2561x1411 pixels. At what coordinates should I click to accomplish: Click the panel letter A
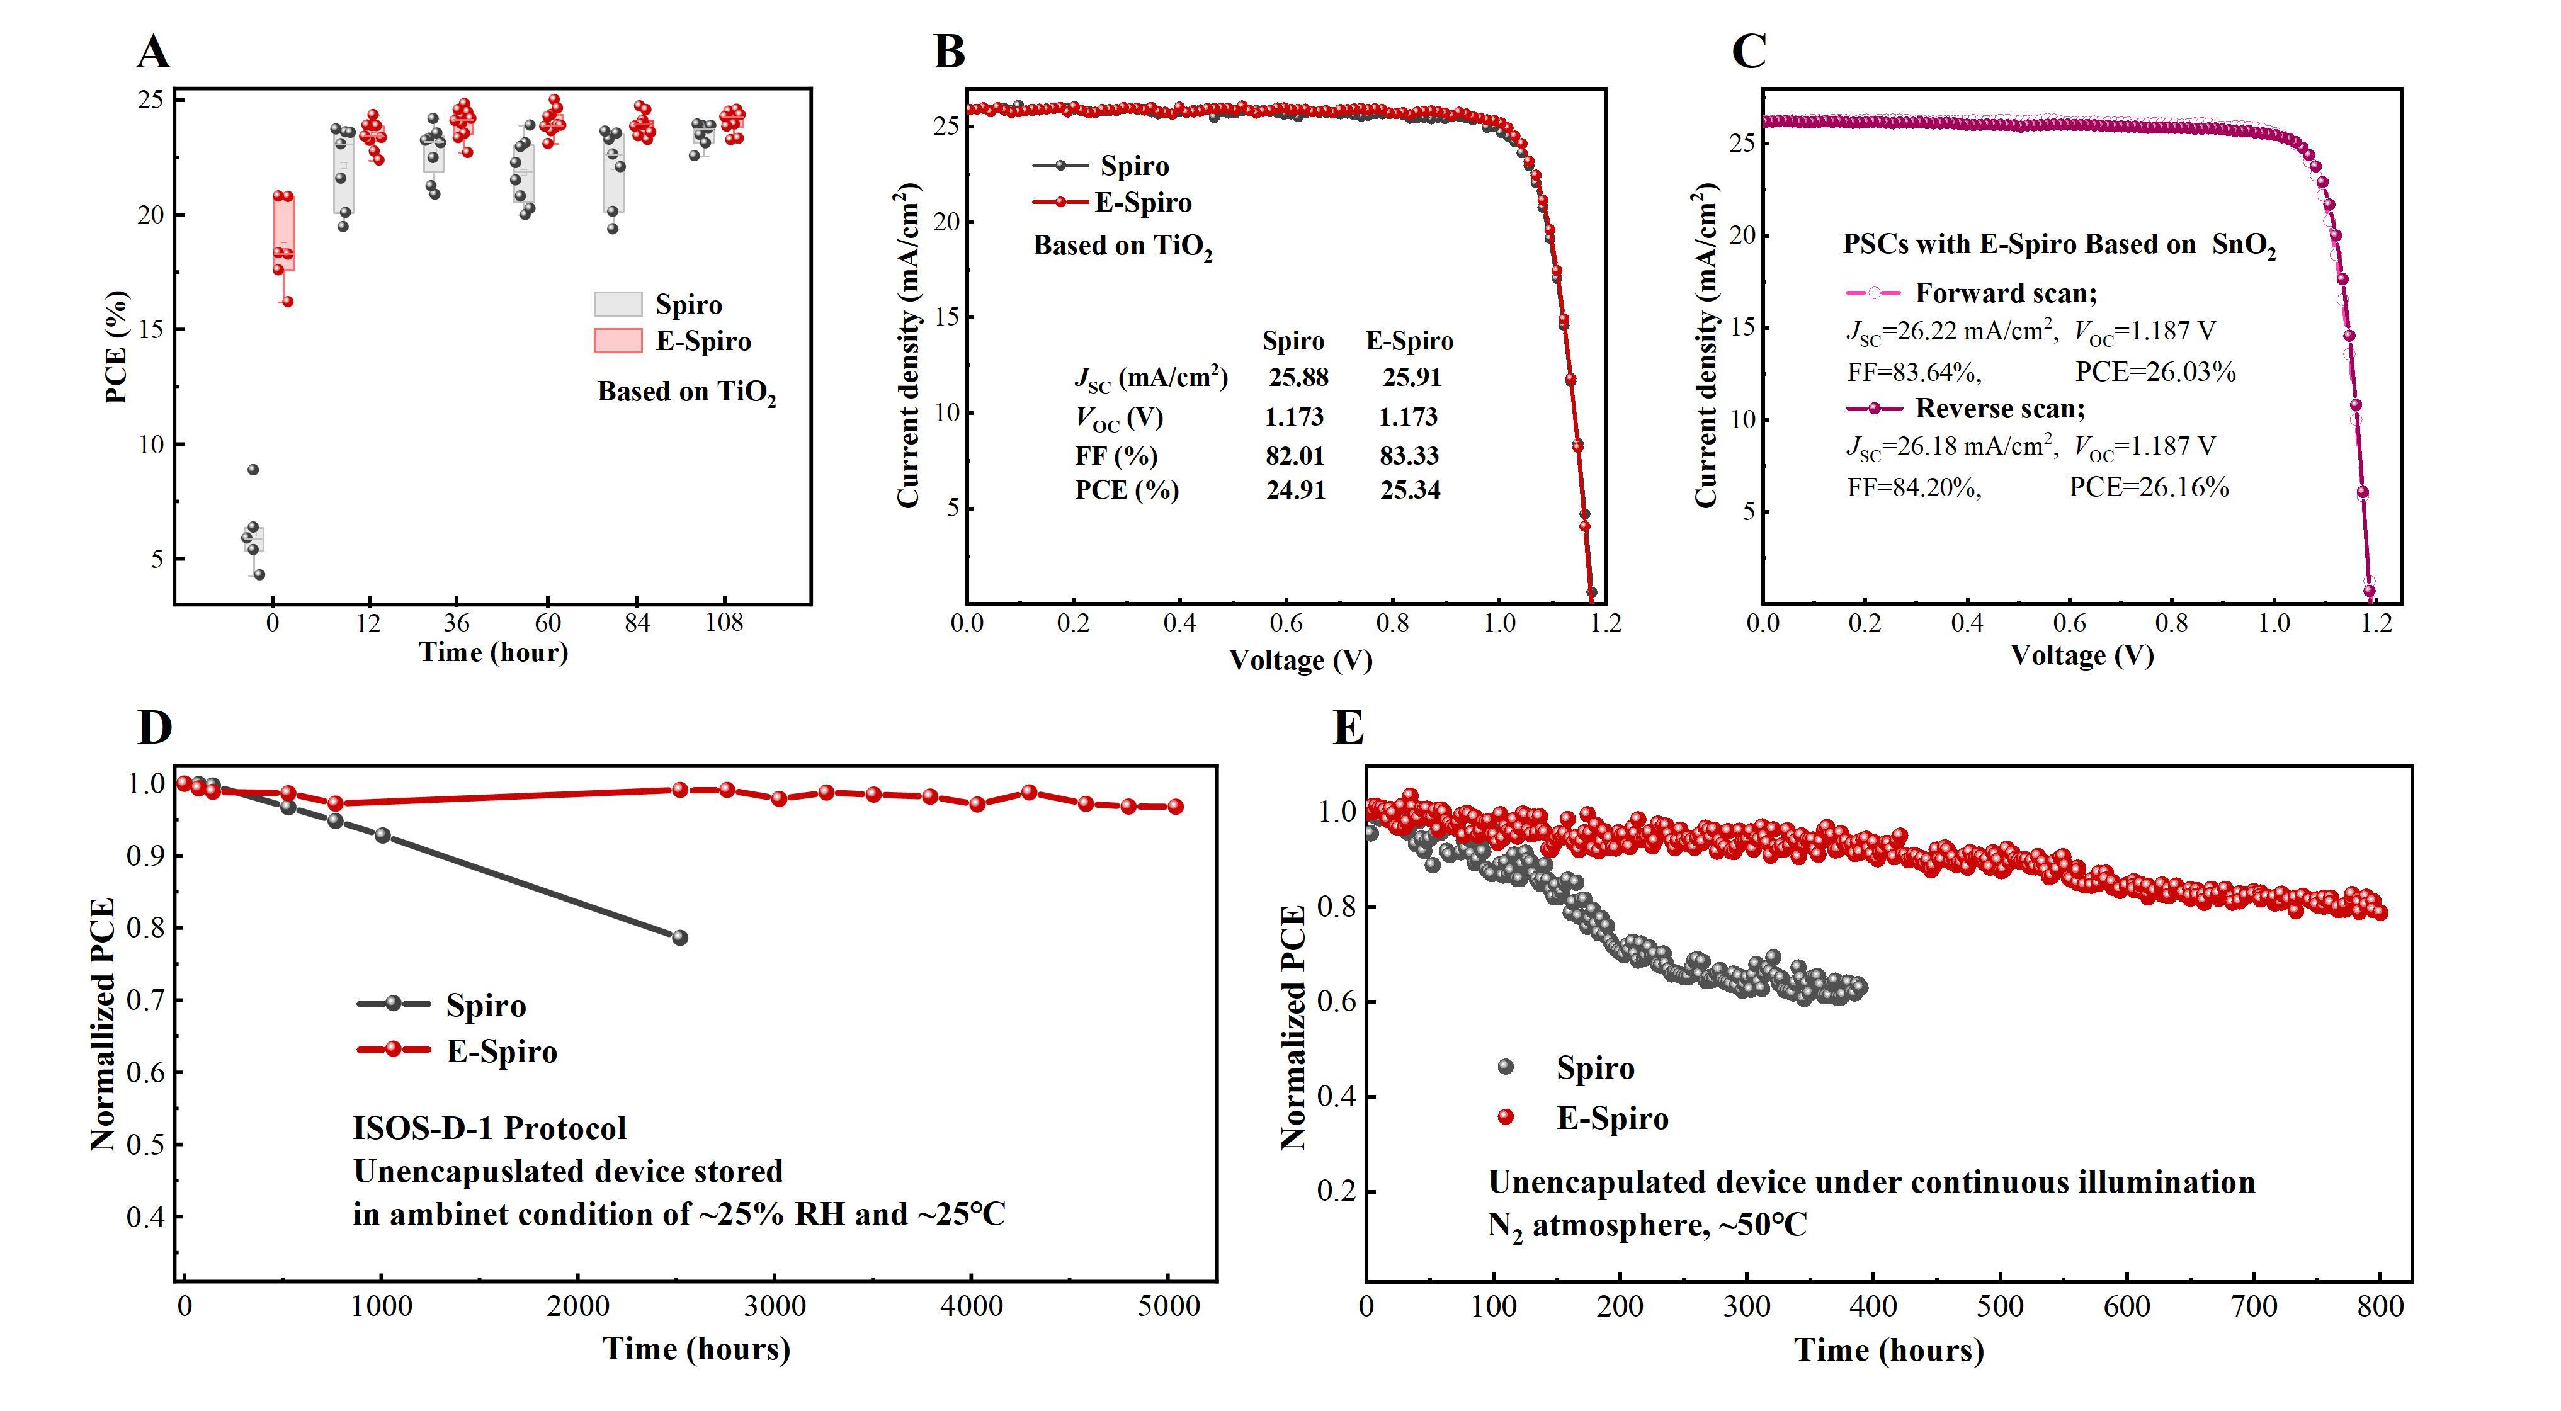tap(153, 52)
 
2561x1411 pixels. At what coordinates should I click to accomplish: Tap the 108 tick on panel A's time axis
tap(724, 623)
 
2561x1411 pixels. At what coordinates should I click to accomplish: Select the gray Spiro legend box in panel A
tap(617, 304)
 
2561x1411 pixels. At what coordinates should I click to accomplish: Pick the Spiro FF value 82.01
tap(1295, 455)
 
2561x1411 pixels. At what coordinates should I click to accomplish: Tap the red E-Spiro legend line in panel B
tap(1060, 203)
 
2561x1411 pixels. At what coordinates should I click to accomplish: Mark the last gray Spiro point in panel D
tap(680, 938)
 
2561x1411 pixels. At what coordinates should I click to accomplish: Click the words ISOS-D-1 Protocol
tap(489, 1128)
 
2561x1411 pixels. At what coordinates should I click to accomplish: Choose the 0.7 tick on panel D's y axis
tap(145, 1000)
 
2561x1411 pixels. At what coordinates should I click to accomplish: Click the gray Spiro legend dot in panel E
tap(1505, 1067)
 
